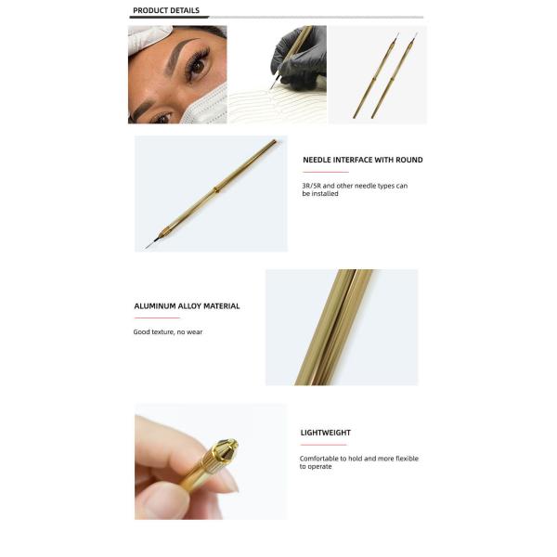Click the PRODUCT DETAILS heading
[x=166, y=10]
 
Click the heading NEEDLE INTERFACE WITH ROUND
[x=363, y=160]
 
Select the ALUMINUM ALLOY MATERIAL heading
[x=187, y=306]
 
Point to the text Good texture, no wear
[x=168, y=332]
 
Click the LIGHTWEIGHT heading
[x=326, y=433]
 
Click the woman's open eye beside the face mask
[x=197, y=67]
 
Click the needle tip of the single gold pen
[x=146, y=247]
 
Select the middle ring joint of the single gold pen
[x=215, y=189]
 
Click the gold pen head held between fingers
[x=218, y=454]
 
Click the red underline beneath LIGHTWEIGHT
[x=324, y=445]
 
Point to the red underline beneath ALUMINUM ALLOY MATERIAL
[x=157, y=317]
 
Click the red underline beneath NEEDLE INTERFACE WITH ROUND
[x=326, y=172]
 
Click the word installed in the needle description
[x=325, y=194]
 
